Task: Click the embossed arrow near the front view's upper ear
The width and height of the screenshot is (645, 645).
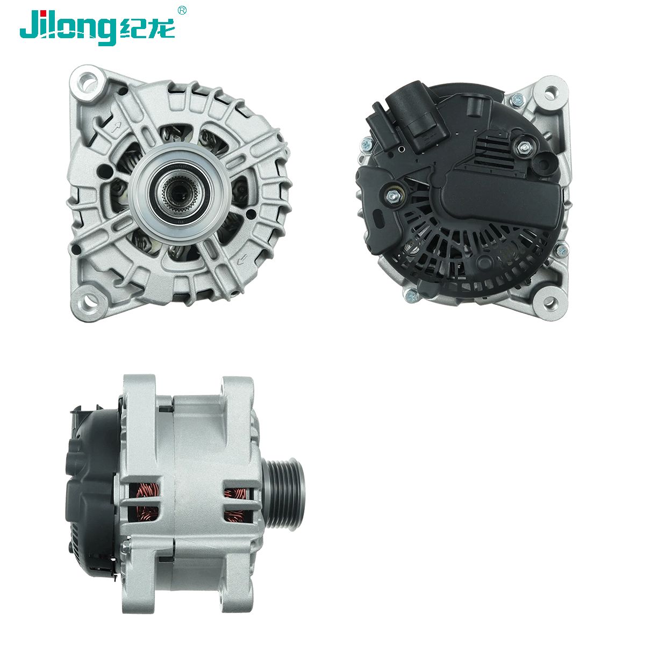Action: [114, 128]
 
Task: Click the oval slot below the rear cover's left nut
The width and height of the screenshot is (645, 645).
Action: [378, 220]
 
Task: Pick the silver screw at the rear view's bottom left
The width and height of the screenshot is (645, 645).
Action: [411, 294]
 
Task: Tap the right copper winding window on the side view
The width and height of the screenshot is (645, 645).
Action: [237, 505]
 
